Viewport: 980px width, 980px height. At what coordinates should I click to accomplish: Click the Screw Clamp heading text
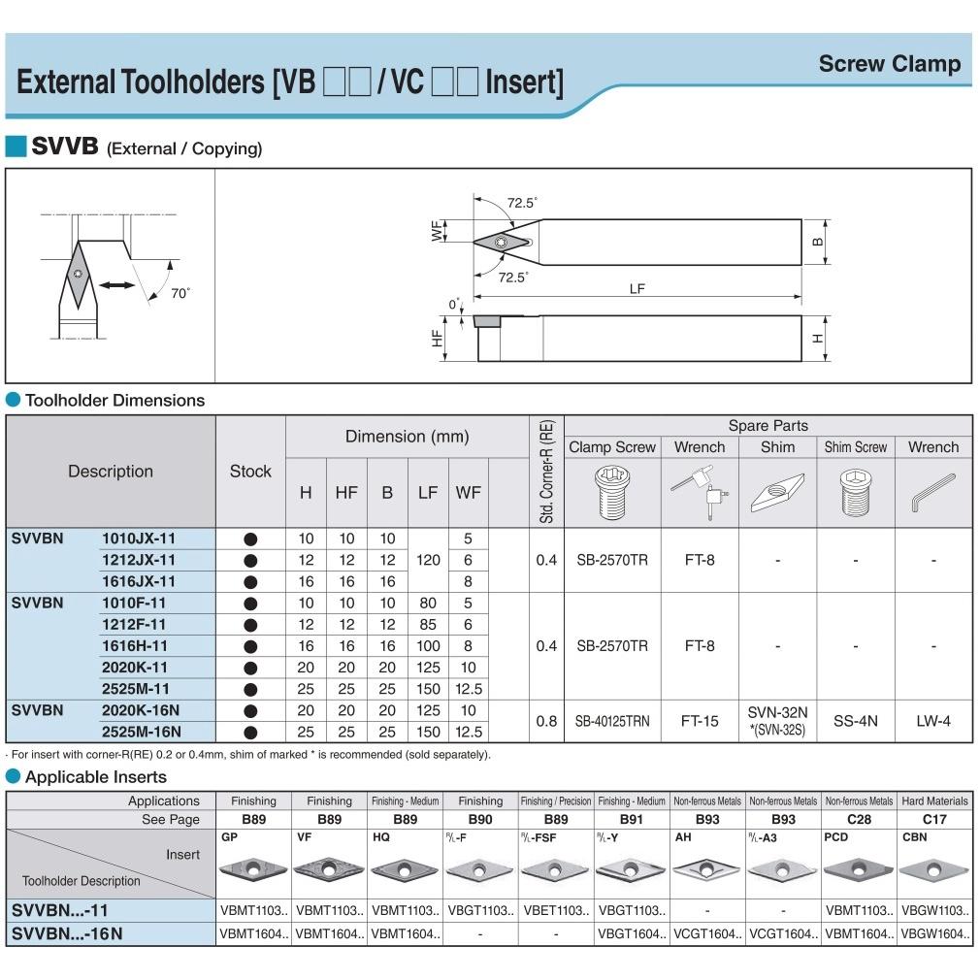tap(890, 64)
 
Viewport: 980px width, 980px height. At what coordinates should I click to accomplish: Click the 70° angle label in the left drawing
tap(180, 293)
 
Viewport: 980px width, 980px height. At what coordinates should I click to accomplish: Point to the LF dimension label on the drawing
tap(637, 289)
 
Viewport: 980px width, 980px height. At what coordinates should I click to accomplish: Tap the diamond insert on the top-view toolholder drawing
tap(503, 242)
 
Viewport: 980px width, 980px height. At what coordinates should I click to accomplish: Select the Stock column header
tap(250, 472)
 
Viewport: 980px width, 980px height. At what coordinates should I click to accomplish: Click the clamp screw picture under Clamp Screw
tap(612, 493)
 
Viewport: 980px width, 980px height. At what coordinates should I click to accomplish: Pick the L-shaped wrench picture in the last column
tap(933, 493)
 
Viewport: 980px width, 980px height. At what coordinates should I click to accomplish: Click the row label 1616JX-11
tap(139, 581)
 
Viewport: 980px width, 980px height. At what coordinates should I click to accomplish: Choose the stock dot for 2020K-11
tap(250, 669)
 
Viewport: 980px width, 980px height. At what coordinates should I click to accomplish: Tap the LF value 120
tap(428, 560)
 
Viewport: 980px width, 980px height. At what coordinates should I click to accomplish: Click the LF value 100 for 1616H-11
tap(428, 645)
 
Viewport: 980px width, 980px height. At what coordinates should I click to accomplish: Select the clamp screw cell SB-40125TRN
tap(612, 721)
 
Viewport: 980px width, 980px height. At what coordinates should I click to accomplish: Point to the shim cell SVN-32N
tap(777, 712)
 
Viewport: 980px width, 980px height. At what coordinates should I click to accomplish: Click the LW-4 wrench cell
tap(933, 721)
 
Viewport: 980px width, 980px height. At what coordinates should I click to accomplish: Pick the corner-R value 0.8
tap(546, 721)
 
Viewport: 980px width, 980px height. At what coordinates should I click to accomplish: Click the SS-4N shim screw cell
tap(855, 721)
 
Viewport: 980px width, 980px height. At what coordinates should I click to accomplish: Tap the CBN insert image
tap(933, 870)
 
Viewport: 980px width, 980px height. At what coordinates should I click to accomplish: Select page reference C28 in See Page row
tap(859, 819)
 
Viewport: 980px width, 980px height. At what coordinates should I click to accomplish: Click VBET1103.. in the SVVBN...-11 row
tap(556, 911)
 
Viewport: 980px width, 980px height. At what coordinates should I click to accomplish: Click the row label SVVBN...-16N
tap(67, 933)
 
